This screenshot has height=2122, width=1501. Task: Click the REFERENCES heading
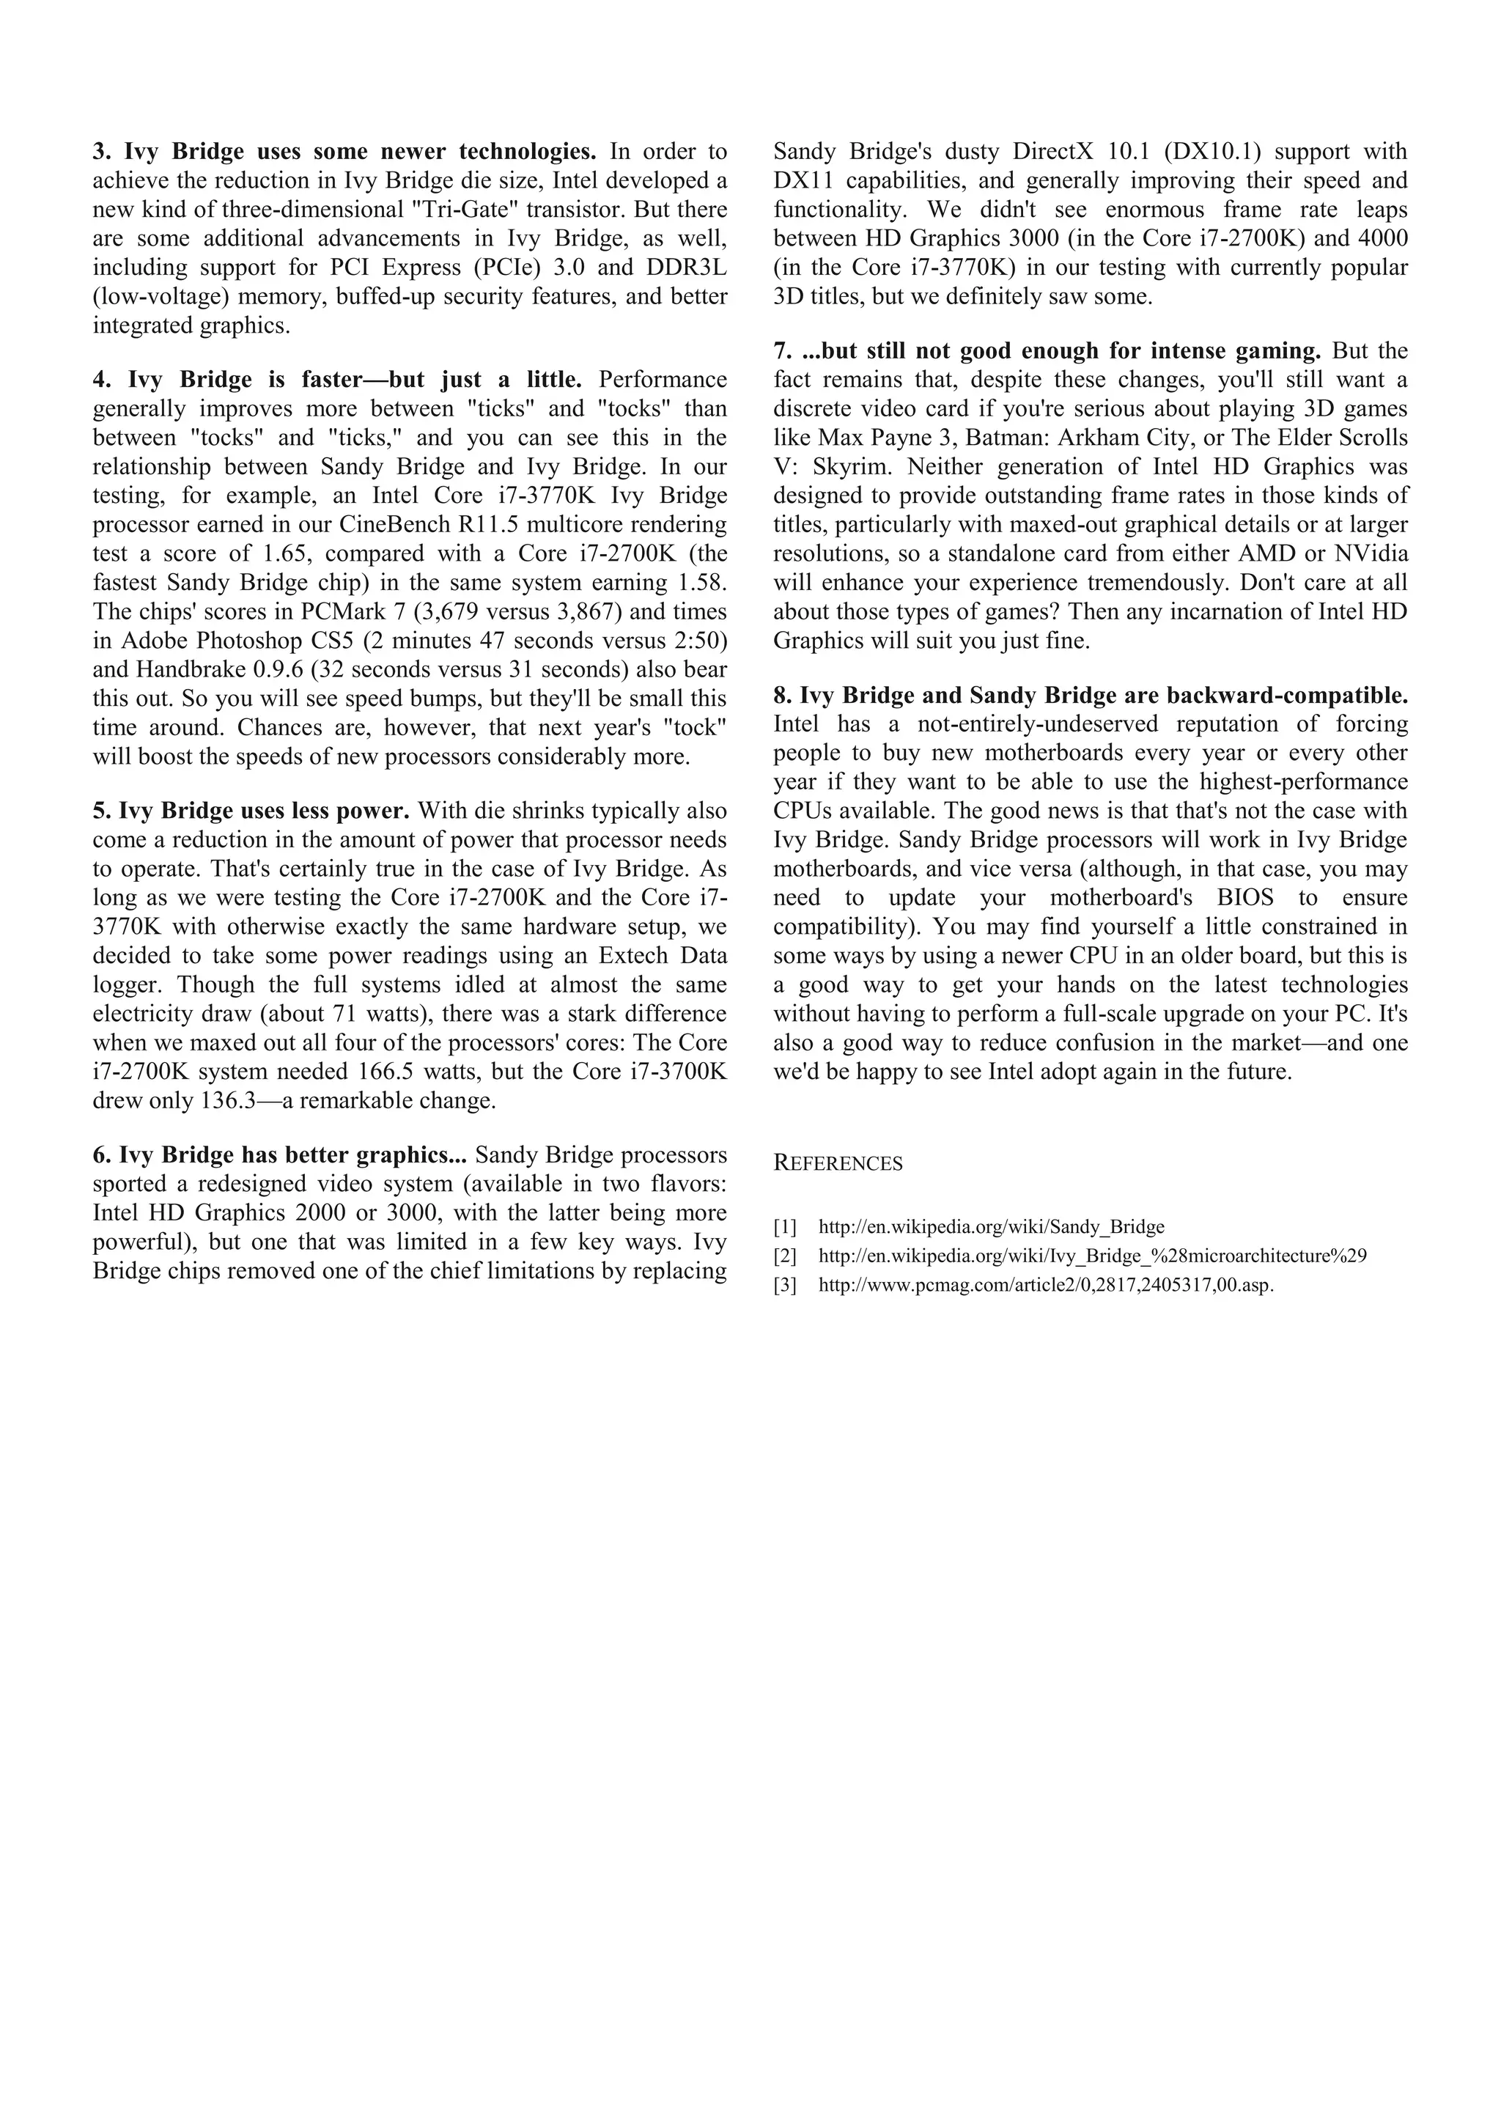point(838,1163)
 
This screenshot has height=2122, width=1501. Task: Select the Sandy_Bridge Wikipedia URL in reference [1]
point(991,1227)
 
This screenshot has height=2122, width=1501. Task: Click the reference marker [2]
point(785,1256)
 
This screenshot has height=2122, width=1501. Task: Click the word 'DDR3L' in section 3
point(693,267)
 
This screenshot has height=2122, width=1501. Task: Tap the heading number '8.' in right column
point(783,695)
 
